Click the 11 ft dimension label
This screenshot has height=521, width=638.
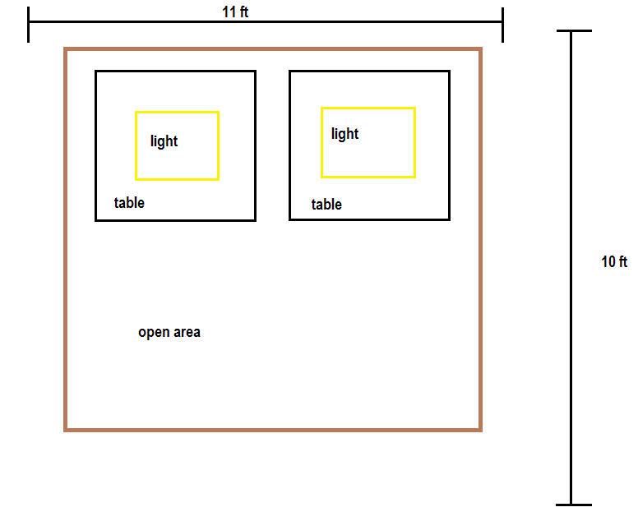[235, 12]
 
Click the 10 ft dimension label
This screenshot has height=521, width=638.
[614, 261]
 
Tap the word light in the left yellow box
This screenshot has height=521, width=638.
[164, 141]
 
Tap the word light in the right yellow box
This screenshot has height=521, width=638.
[344, 134]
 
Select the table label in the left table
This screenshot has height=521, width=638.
[129, 202]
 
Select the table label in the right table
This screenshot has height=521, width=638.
[326, 204]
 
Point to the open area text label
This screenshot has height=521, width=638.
[169, 332]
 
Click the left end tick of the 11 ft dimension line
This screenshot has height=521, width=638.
[29, 25]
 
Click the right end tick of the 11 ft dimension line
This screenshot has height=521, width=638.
[503, 25]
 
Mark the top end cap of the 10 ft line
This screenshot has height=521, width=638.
[574, 30]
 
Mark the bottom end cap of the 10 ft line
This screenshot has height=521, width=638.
[574, 505]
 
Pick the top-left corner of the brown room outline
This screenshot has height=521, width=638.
[66, 49]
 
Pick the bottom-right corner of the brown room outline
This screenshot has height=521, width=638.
[480, 430]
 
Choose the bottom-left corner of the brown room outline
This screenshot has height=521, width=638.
[66, 430]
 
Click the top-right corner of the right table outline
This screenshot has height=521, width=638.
[449, 71]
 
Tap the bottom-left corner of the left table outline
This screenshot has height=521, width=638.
[96, 220]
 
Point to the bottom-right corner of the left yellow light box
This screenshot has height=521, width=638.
[218, 179]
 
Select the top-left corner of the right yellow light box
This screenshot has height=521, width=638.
[321, 108]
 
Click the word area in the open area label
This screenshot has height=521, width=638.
[187, 333]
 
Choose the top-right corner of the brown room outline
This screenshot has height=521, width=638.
[480, 49]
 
